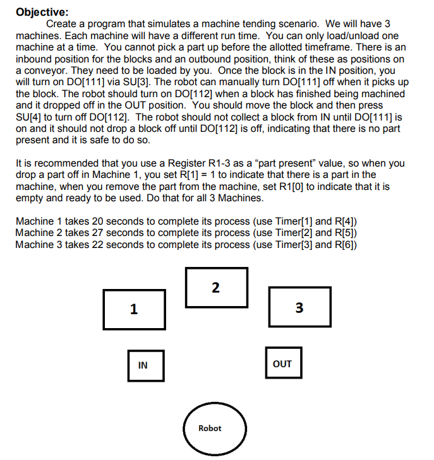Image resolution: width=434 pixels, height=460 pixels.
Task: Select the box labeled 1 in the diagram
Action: pos(134,309)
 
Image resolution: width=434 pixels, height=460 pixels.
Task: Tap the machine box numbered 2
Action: pos(216,288)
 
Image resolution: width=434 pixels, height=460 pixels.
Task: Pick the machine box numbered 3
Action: pos(299,308)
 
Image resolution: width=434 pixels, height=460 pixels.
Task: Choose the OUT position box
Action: pos(282,363)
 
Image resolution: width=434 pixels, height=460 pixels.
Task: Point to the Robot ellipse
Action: pos(210,428)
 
